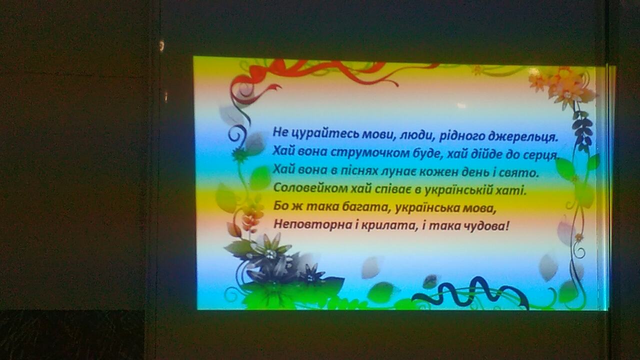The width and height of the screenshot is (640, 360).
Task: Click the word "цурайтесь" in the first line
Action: click(x=320, y=133)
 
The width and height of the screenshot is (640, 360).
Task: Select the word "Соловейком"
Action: click(x=309, y=188)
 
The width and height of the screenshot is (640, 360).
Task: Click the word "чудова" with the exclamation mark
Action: click(x=485, y=226)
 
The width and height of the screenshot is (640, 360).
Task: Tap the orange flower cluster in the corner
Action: click(x=560, y=85)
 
